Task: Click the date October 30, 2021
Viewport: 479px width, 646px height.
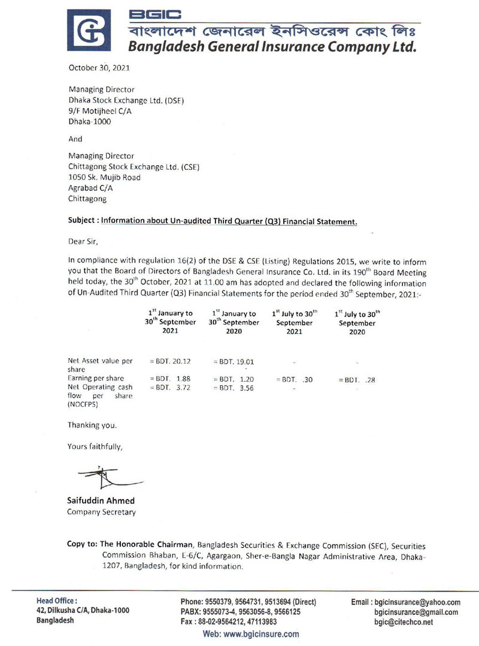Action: point(99,69)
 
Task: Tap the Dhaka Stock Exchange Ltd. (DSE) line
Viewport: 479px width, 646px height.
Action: point(126,100)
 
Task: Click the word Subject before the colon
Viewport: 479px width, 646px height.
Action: point(83,221)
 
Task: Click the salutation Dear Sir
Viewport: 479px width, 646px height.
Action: point(82,242)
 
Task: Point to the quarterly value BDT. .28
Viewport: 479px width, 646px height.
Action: point(357,379)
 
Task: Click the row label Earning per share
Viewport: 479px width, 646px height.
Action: point(95,379)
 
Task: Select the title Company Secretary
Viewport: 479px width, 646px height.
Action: point(101,512)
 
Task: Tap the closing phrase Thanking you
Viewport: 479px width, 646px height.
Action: point(92,425)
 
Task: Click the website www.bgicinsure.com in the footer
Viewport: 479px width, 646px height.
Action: point(251,634)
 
